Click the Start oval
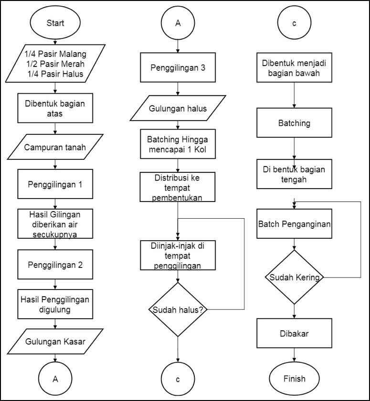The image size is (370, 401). [55, 23]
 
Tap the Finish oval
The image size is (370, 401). [294, 379]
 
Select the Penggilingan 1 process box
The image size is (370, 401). [55, 184]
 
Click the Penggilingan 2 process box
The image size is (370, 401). [55, 265]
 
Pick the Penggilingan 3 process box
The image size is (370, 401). [178, 67]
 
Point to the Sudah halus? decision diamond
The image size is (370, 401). [178, 310]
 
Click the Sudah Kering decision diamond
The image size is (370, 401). [294, 277]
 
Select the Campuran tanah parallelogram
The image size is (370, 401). [55, 147]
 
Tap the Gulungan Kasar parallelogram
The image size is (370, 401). [55, 341]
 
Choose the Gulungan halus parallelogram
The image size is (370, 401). [178, 108]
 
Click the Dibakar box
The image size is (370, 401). [294, 333]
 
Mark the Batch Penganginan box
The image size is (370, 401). [294, 224]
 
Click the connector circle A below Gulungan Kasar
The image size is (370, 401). [55, 379]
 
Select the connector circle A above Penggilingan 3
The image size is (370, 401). [178, 23]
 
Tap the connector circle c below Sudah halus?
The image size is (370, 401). [178, 379]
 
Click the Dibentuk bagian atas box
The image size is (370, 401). [55, 108]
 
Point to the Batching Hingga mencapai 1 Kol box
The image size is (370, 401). [178, 144]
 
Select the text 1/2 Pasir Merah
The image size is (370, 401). [55, 64]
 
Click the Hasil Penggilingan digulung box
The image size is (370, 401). [55, 304]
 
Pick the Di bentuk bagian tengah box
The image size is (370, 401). [294, 174]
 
